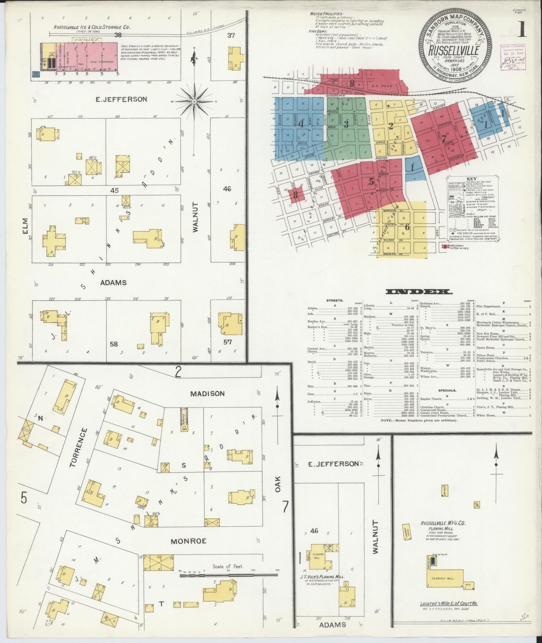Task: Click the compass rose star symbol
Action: pyautogui.click(x=194, y=102)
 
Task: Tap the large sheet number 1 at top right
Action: pyautogui.click(x=522, y=30)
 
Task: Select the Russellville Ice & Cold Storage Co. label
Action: pyautogui.click(x=92, y=27)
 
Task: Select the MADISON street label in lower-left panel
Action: pyautogui.click(x=207, y=394)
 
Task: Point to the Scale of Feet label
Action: pyautogui.click(x=228, y=567)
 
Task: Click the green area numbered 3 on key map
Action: pyautogui.click(x=347, y=123)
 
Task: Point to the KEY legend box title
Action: pyautogui.click(x=471, y=179)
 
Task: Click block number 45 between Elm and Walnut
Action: pyautogui.click(x=114, y=191)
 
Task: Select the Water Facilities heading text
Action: pyautogui.click(x=326, y=14)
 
